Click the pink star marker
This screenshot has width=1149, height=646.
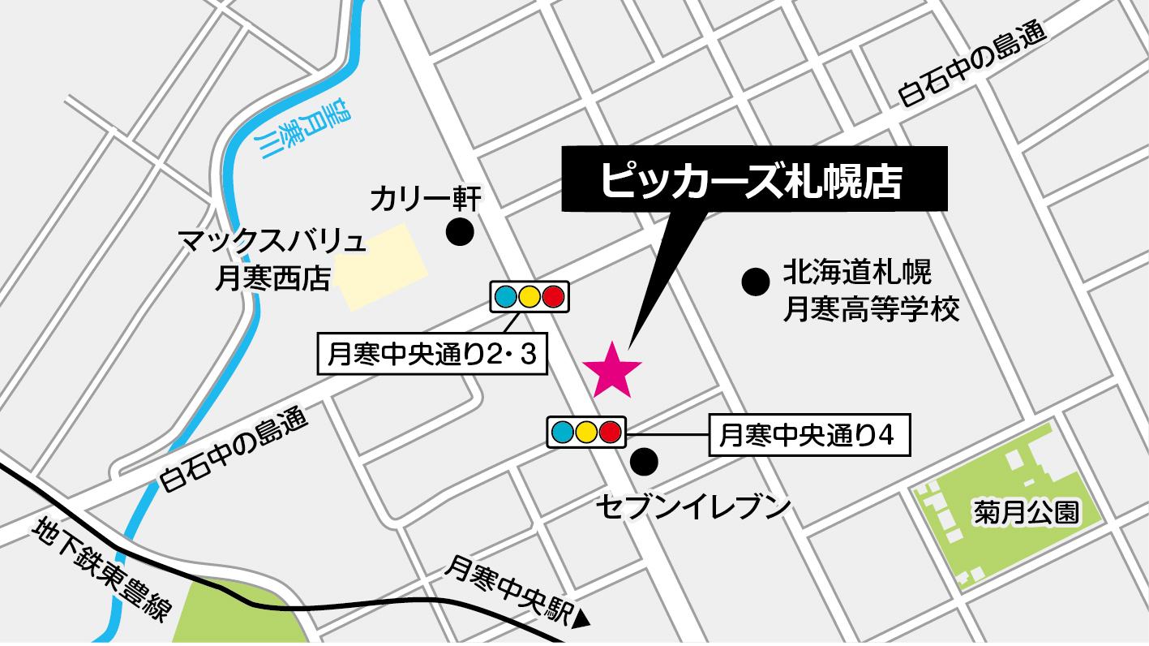pos(612,370)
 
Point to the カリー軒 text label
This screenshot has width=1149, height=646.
pos(427,197)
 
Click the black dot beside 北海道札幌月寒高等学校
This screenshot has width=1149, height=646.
pos(756,282)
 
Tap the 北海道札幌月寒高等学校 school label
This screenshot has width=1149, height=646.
pos(870,291)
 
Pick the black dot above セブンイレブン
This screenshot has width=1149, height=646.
pos(645,462)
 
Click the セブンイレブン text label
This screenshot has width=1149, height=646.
pos(693,508)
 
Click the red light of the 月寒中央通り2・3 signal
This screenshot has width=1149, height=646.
pos(553,297)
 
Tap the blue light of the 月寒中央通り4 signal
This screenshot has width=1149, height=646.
pos(562,431)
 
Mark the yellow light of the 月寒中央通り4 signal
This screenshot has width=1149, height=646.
pos(586,431)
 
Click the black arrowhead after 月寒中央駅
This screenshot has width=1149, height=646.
pos(581,622)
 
